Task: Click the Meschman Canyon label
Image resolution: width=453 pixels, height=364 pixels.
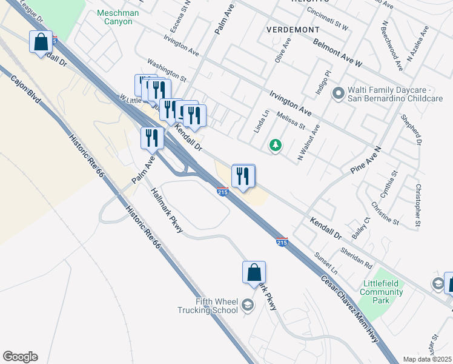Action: pyautogui.click(x=117, y=18)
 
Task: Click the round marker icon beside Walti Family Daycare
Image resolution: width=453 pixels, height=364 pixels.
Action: pyautogui.click(x=338, y=93)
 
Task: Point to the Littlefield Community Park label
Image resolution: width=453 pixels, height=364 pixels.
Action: pyautogui.click(x=383, y=288)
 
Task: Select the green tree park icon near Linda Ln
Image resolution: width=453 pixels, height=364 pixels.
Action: pyautogui.click(x=276, y=146)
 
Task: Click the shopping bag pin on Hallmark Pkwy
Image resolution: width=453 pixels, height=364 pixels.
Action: pyautogui.click(x=254, y=272)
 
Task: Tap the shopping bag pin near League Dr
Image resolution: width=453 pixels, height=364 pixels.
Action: pyautogui.click(x=41, y=42)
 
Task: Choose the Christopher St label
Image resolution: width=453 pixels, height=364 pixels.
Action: pyautogui.click(x=418, y=206)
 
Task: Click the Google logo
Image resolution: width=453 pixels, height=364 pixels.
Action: pyautogui.click(x=20, y=357)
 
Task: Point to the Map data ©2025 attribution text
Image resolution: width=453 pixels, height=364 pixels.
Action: pyautogui.click(x=427, y=359)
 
